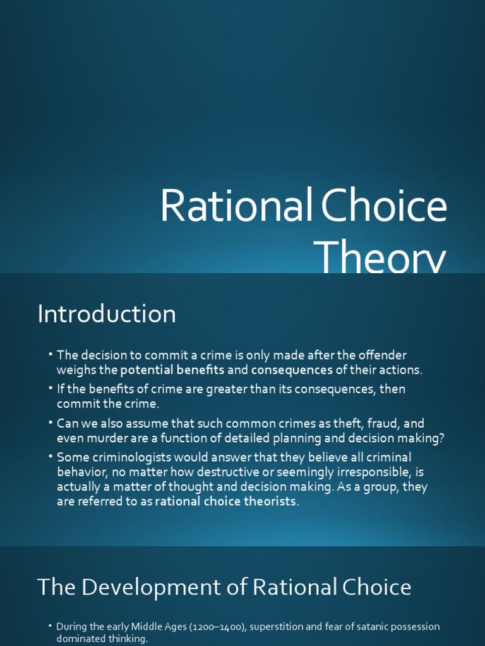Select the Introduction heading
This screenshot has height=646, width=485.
[x=107, y=314]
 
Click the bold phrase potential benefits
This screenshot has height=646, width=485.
[x=172, y=370]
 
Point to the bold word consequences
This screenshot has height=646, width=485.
[x=292, y=370]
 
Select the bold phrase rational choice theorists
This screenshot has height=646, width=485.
[x=225, y=502]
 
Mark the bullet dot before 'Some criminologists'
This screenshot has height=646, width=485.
[x=51, y=457]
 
